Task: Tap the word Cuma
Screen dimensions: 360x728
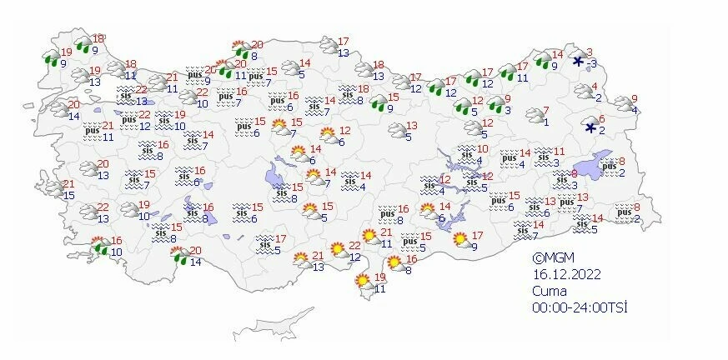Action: click(550, 291)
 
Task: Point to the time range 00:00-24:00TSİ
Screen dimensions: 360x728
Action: click(580, 307)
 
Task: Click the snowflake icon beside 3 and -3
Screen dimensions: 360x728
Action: click(578, 61)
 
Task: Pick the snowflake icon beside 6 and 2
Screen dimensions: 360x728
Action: click(590, 127)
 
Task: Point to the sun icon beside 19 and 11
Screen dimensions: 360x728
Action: click(364, 282)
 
